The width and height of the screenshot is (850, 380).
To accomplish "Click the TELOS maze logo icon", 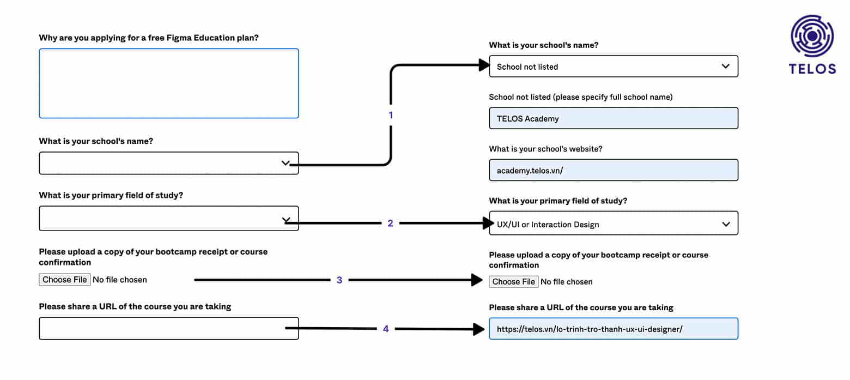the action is pyautogui.click(x=812, y=36).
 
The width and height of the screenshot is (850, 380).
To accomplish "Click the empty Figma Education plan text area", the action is pyautogui.click(x=169, y=83).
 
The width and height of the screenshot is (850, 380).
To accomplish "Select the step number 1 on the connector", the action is pyautogui.click(x=391, y=115).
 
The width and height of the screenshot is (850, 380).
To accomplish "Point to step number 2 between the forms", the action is pyautogui.click(x=390, y=223).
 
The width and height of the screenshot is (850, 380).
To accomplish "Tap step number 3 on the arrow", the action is pyautogui.click(x=339, y=280).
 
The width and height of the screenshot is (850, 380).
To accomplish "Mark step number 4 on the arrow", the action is pyautogui.click(x=386, y=329).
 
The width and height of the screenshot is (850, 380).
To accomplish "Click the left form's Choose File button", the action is pyautogui.click(x=64, y=280).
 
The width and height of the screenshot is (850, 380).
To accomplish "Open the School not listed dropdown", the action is pyautogui.click(x=614, y=67).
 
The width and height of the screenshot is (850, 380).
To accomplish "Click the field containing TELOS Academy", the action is pyautogui.click(x=614, y=118).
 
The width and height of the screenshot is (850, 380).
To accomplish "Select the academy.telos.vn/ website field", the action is pyautogui.click(x=614, y=170).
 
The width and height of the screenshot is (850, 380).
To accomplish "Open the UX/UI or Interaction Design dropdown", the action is pyautogui.click(x=614, y=223).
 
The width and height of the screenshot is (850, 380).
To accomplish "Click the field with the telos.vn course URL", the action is pyautogui.click(x=614, y=329).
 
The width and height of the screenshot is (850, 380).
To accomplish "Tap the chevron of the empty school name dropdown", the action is pyautogui.click(x=286, y=163).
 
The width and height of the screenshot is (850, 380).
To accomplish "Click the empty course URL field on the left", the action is pyautogui.click(x=169, y=329).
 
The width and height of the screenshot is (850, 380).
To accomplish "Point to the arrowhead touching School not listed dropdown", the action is pyautogui.click(x=484, y=65).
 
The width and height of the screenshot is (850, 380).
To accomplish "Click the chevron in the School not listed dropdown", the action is pyautogui.click(x=726, y=67).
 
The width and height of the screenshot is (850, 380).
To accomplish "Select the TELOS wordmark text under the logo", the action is pyautogui.click(x=812, y=69).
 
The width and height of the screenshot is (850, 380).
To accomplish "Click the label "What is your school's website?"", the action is pyautogui.click(x=545, y=149).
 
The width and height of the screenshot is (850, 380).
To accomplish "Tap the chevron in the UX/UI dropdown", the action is pyautogui.click(x=726, y=225).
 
